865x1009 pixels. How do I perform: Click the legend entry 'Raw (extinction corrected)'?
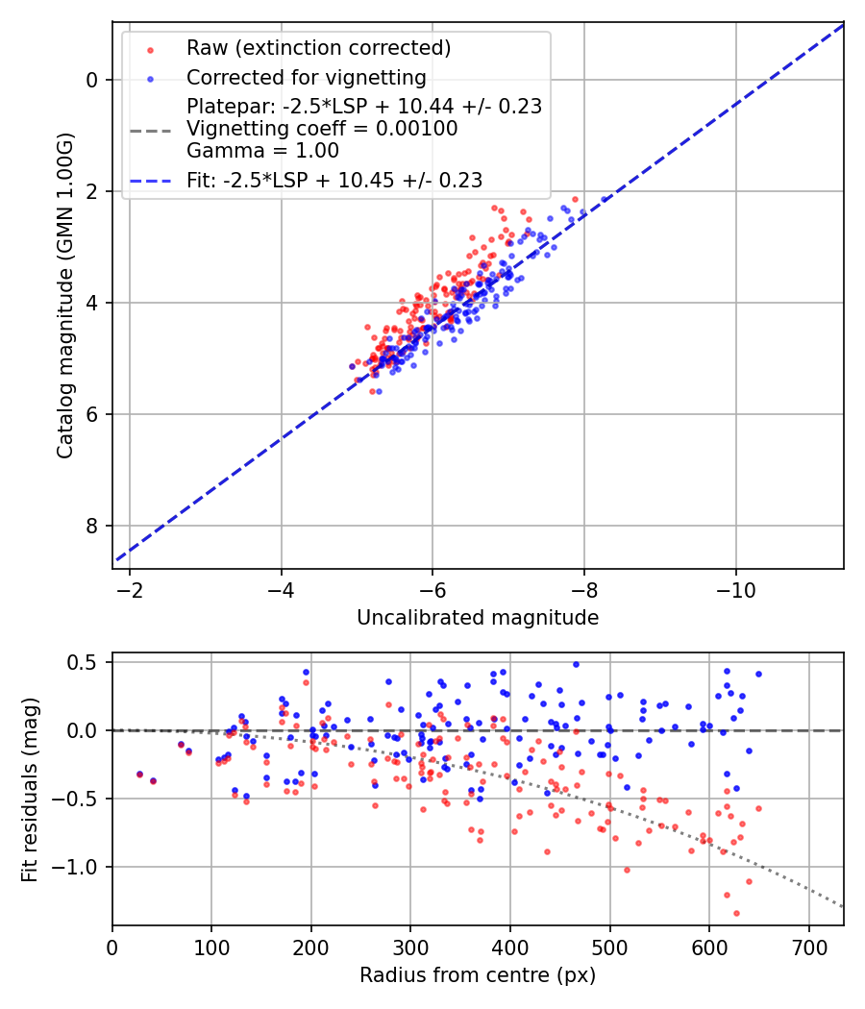tap(318, 48)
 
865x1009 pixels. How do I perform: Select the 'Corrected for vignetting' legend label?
tap(307, 77)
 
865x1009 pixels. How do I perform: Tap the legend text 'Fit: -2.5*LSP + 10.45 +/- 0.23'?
tap(334, 180)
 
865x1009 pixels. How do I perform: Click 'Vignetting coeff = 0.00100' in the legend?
tap(322, 129)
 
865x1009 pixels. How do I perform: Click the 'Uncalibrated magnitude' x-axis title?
tap(478, 618)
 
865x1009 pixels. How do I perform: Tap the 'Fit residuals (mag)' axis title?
tap(30, 789)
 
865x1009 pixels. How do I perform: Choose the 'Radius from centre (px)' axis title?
tap(478, 975)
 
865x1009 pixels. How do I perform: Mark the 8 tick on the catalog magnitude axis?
tap(92, 526)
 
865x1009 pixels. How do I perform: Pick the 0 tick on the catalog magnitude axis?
tap(92, 80)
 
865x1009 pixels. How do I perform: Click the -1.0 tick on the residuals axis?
tap(79, 867)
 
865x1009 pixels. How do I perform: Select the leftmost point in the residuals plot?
tap(139, 774)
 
